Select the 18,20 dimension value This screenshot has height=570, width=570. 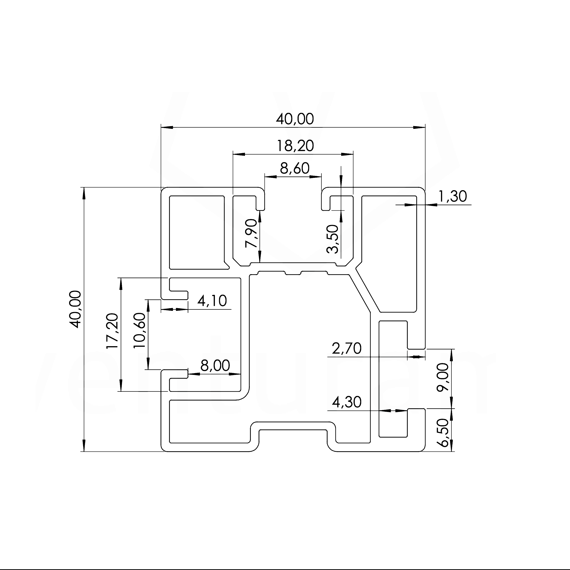295,146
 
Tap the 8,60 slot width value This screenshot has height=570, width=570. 294,169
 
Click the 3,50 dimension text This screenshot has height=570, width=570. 333,239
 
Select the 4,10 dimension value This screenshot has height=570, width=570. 212,301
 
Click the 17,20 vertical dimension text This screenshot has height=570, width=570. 112,331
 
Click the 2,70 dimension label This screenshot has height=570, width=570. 347,349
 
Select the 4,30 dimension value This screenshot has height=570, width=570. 347,402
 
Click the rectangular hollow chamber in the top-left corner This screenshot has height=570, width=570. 196,232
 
